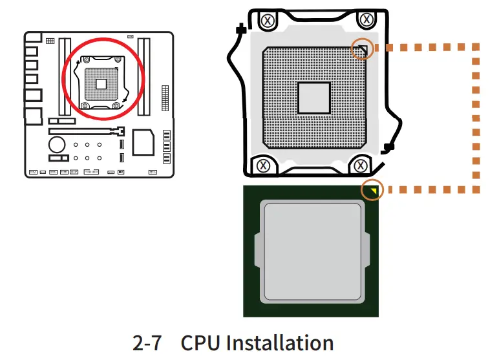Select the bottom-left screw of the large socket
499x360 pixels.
click(x=263, y=165)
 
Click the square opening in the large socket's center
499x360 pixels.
click(x=314, y=98)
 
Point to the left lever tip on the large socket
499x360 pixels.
click(x=240, y=29)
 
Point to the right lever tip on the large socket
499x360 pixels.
click(x=388, y=147)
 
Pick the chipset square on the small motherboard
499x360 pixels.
click(x=143, y=142)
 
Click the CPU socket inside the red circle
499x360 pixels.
click(x=101, y=83)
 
